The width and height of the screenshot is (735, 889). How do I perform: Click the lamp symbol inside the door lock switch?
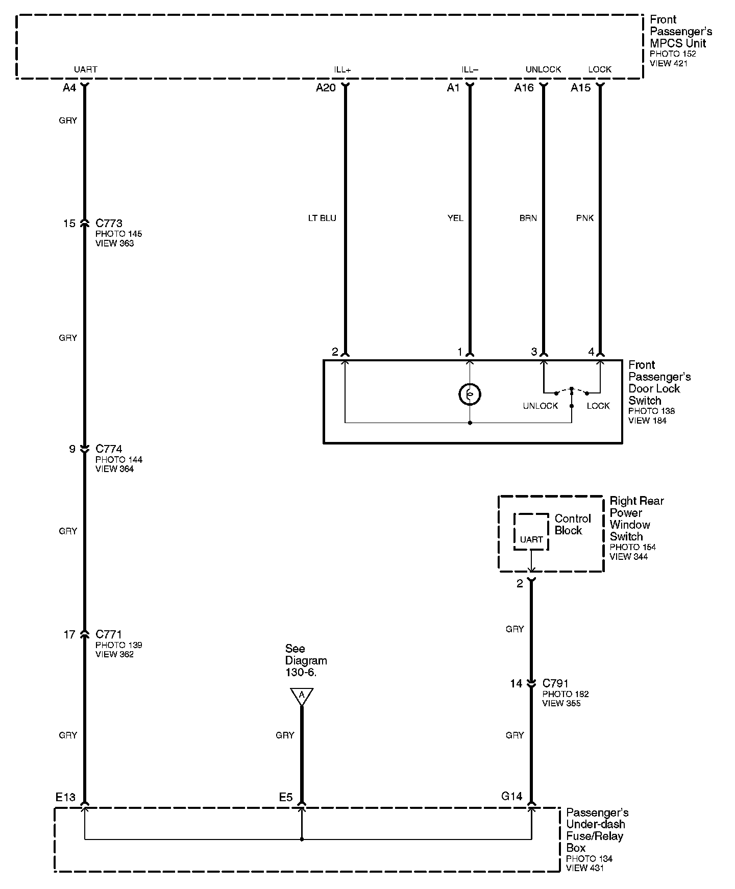coord(470,394)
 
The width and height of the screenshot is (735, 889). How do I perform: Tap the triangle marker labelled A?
coord(302,696)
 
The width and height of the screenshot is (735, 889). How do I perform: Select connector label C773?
coord(109,224)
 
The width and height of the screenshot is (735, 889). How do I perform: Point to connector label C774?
coord(109,449)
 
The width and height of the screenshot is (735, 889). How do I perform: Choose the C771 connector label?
coord(109,634)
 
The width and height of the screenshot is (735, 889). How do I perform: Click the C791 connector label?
coord(555,683)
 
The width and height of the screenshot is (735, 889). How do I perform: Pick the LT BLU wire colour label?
coord(322,218)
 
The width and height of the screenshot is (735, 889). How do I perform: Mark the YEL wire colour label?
coord(455,218)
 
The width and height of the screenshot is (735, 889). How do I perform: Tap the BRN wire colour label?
coord(528,218)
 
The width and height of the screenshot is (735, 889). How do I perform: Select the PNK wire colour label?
coord(584,218)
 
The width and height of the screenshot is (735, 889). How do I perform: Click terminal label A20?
coord(326,88)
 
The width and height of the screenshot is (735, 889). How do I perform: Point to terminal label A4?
coord(69,88)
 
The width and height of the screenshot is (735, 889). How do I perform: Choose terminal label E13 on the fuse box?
coord(65,797)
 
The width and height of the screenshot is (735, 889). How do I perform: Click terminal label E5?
coord(286,797)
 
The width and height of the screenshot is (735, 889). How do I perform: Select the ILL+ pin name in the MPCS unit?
coord(342,70)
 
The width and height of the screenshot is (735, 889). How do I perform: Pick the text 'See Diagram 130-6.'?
coord(306,660)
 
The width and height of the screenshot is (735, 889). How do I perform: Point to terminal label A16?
coord(524,88)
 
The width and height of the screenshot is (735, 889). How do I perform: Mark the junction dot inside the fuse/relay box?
coord(302,839)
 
